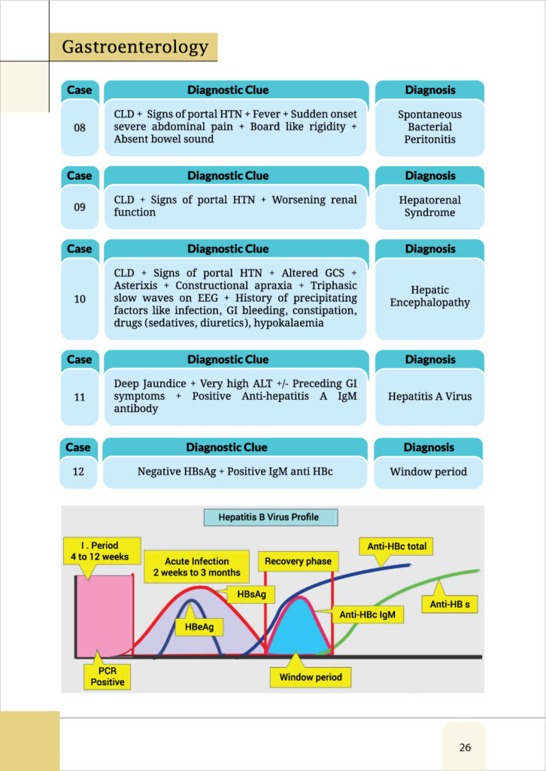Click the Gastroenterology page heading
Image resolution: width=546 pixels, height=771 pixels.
135,47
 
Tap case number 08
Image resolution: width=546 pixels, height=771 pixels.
80,127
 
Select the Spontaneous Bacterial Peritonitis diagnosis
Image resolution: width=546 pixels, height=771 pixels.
429,127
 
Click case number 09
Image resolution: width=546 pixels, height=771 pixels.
80,206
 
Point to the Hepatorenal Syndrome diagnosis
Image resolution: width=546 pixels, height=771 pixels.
429,206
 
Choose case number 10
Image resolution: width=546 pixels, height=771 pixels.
80,299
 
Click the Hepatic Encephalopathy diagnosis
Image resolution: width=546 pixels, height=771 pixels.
429,296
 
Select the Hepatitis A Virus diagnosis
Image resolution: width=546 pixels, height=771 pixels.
429,396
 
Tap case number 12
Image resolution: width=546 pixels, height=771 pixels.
78,472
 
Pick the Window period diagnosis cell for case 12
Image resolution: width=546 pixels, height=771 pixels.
428,472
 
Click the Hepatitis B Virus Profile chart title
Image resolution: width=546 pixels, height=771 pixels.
268,517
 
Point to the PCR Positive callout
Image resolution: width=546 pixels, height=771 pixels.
108,676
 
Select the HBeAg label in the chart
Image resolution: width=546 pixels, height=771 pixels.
194,625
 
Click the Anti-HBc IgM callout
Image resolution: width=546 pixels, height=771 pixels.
372,614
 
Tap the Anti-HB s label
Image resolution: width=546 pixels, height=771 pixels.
449,604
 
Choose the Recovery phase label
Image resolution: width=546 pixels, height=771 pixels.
298,561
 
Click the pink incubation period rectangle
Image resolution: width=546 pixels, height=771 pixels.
105,616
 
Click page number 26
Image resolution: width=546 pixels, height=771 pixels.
465,747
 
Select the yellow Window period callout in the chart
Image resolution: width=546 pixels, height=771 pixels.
311,677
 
